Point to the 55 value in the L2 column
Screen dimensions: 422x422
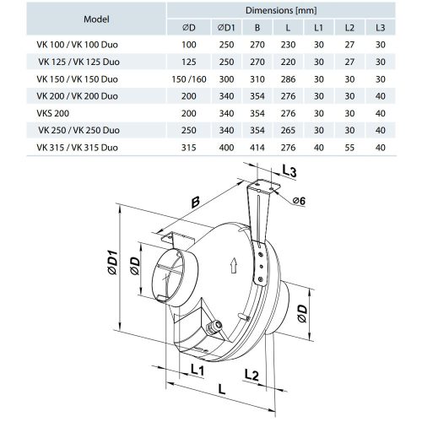tap(349, 148)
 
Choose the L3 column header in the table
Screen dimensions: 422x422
tap(379, 27)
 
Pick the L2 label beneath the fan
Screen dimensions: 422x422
tap(252, 372)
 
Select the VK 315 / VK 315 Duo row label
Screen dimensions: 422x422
tap(73, 148)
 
